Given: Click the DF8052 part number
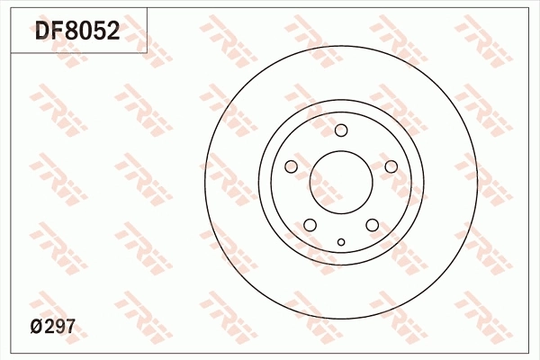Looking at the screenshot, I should click(x=76, y=31).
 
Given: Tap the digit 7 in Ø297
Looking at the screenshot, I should click(x=68, y=328).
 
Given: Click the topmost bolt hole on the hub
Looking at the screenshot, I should click(x=341, y=130).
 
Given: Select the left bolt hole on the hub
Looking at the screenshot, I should click(x=291, y=166).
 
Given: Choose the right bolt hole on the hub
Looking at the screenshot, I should click(x=391, y=166).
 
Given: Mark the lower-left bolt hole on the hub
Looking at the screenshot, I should click(x=310, y=225).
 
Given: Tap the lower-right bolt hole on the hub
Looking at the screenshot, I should click(x=373, y=225).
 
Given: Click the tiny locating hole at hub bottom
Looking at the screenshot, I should click(x=341, y=241).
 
